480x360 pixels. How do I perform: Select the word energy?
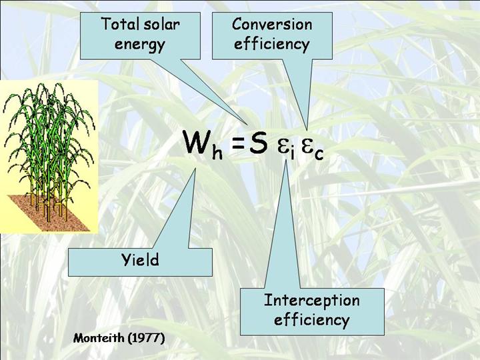(x=140, y=45)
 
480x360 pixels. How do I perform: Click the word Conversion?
(x=272, y=24)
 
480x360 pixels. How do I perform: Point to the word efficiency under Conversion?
(x=271, y=44)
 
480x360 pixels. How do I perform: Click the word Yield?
(x=141, y=260)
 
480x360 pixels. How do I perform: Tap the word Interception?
(x=311, y=300)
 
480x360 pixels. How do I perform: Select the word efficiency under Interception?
(x=311, y=320)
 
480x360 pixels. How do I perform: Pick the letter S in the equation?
(x=258, y=142)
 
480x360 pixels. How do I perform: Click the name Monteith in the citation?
(x=99, y=338)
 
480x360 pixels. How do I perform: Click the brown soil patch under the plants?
(x=49, y=213)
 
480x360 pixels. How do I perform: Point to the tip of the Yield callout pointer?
(x=195, y=169)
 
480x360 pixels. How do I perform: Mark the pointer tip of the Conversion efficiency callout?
(x=307, y=129)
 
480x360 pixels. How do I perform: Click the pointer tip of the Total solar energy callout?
(x=247, y=124)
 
